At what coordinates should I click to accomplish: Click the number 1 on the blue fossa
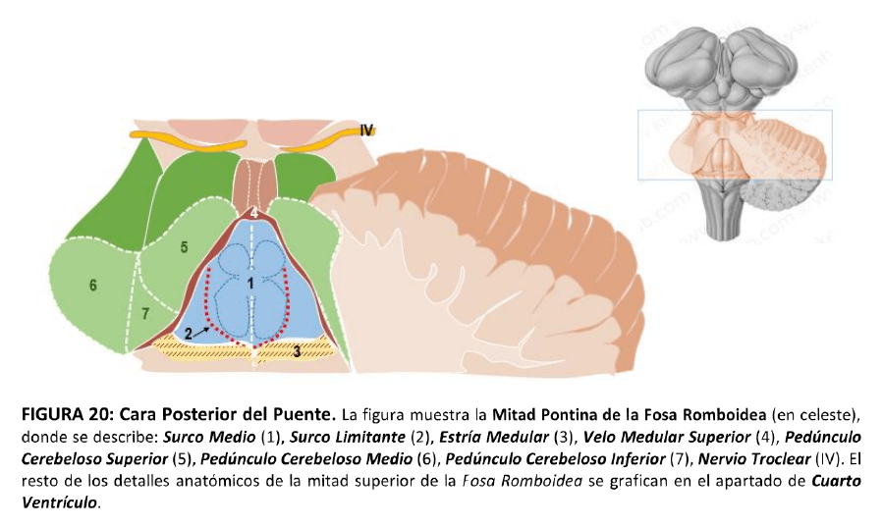click(250, 282)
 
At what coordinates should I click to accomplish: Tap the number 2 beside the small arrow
click(188, 334)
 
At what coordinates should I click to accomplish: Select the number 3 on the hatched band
click(297, 350)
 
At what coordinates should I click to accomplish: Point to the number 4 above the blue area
click(253, 212)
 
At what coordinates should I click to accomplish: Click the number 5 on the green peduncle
click(184, 247)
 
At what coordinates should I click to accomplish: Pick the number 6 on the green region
click(92, 286)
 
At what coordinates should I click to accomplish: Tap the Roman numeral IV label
click(367, 130)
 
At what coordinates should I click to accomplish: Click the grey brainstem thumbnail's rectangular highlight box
click(735, 144)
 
